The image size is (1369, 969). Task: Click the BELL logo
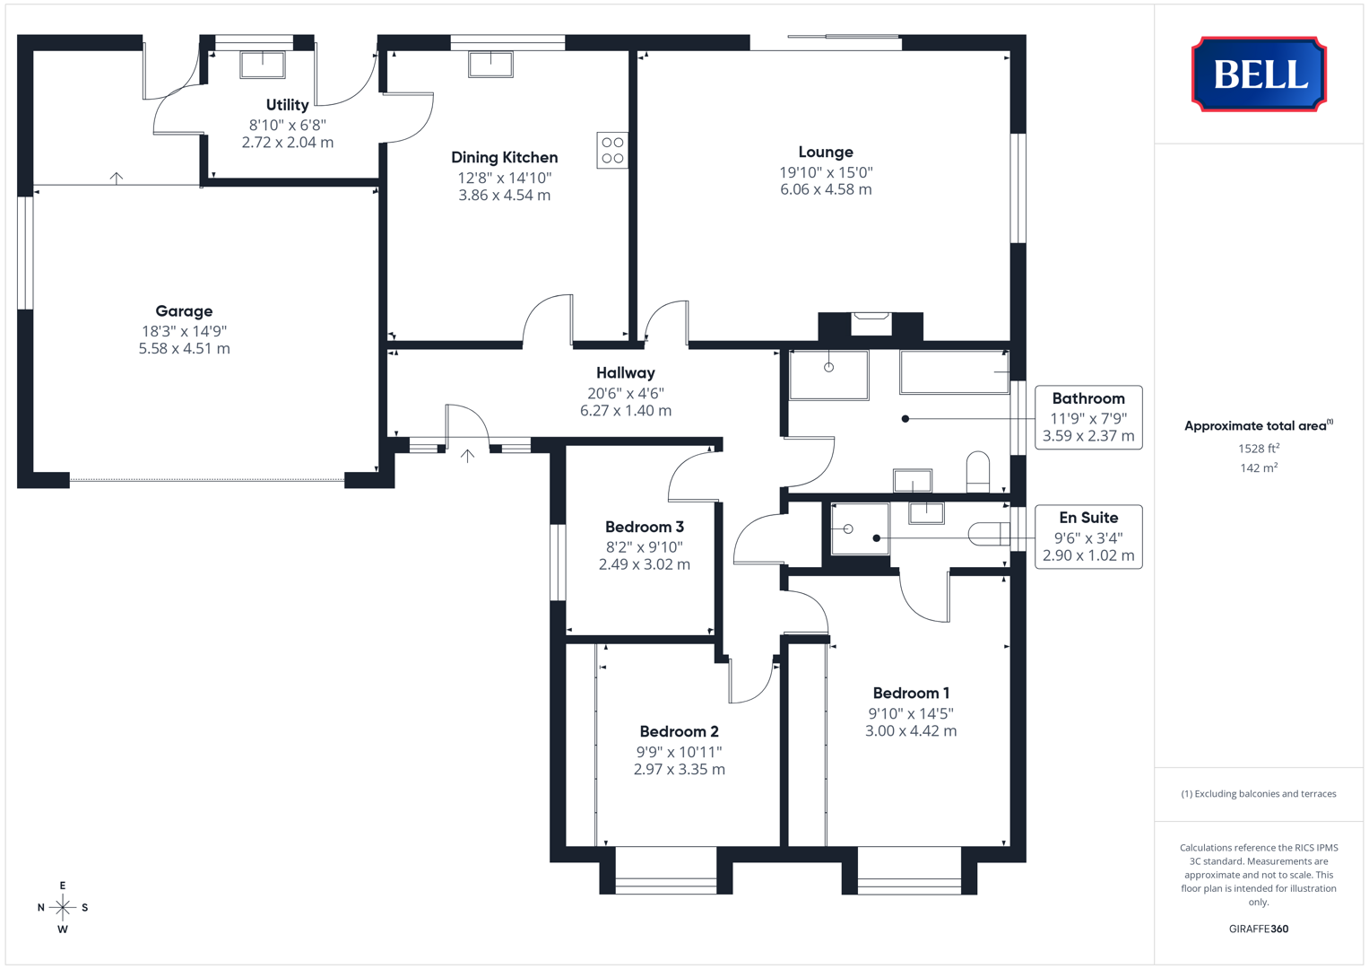(1259, 74)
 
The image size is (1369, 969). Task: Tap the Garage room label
(184, 310)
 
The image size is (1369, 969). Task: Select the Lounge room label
(826, 152)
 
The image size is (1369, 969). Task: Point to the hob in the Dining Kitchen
(612, 150)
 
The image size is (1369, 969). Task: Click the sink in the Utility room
(263, 65)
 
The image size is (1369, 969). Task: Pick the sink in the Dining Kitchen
(490, 65)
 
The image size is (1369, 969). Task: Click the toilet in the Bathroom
(978, 472)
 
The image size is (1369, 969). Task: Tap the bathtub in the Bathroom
(954, 372)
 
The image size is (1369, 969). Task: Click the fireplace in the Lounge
(871, 326)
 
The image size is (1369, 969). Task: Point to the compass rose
(63, 907)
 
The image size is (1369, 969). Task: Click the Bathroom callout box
(1088, 417)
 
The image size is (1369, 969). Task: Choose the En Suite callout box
(1088, 537)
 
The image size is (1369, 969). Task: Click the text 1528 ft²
(1259, 449)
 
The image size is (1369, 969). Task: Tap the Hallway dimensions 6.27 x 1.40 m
(626, 411)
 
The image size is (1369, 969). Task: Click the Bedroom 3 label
(645, 527)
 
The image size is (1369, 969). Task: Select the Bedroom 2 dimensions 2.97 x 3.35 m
(679, 769)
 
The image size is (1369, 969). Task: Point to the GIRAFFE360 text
(1259, 929)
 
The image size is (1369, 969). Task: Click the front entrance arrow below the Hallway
(467, 456)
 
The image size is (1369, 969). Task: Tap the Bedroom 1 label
(911, 693)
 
